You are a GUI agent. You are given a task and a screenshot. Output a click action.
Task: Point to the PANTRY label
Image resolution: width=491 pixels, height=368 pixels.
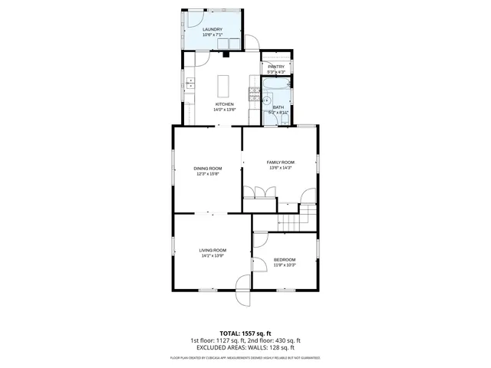click(276, 67)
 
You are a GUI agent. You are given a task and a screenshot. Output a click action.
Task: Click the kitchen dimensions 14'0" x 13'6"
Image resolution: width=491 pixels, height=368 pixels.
click(224, 110)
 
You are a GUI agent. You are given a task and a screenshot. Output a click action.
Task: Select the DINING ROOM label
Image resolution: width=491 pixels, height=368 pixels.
click(207, 168)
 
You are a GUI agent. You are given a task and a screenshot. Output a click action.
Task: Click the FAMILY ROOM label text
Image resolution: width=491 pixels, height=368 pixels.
click(280, 163)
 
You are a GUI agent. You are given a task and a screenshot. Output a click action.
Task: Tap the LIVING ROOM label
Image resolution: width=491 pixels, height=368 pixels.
click(213, 250)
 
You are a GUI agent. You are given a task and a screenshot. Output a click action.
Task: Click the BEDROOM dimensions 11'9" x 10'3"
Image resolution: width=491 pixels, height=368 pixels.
click(284, 265)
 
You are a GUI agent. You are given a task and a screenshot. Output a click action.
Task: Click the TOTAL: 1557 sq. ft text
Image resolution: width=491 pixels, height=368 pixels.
click(245, 333)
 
